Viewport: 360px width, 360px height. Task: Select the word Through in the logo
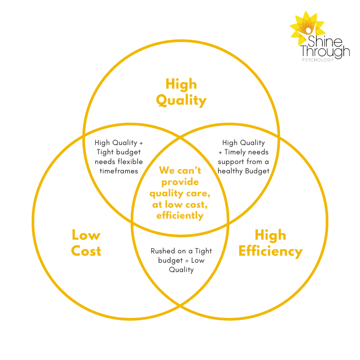tap(325, 51)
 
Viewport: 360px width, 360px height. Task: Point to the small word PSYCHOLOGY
tap(318, 59)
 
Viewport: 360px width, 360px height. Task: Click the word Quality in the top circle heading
tap(181, 100)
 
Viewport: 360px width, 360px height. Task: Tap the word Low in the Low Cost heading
tap(86, 235)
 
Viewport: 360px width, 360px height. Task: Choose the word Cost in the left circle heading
tap(86, 251)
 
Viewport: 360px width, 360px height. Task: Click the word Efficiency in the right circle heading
tap(270, 251)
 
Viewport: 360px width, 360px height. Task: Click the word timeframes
tap(119, 171)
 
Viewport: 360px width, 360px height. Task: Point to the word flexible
tap(130, 162)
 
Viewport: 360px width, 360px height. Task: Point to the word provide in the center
tap(180, 182)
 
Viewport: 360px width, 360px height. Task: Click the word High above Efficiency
tap(270, 235)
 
